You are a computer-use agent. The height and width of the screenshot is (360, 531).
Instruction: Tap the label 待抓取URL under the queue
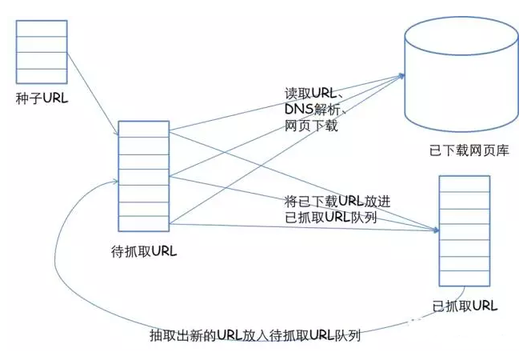pyautogui.click(x=143, y=251)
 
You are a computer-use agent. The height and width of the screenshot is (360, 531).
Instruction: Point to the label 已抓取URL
pyautogui.click(x=464, y=306)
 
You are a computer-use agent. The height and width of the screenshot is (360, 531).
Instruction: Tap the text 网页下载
pyautogui.click(x=310, y=126)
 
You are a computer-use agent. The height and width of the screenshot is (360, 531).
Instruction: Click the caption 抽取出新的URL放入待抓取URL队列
pyautogui.click(x=255, y=336)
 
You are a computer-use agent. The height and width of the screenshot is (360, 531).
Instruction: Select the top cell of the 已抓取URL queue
pyautogui.click(x=464, y=185)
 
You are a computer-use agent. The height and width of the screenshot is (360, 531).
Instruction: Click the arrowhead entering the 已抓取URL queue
pyautogui.click(x=435, y=230)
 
